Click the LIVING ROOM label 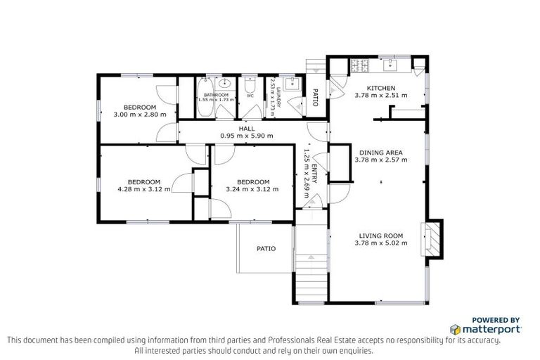click(380, 236)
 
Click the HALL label click(246, 129)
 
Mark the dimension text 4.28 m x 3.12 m click(143, 189)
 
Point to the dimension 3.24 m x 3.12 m click(252, 189)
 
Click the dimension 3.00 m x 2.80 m click(140, 114)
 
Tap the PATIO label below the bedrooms click(266, 248)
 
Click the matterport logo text click(491, 329)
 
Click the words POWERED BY click(496, 319)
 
